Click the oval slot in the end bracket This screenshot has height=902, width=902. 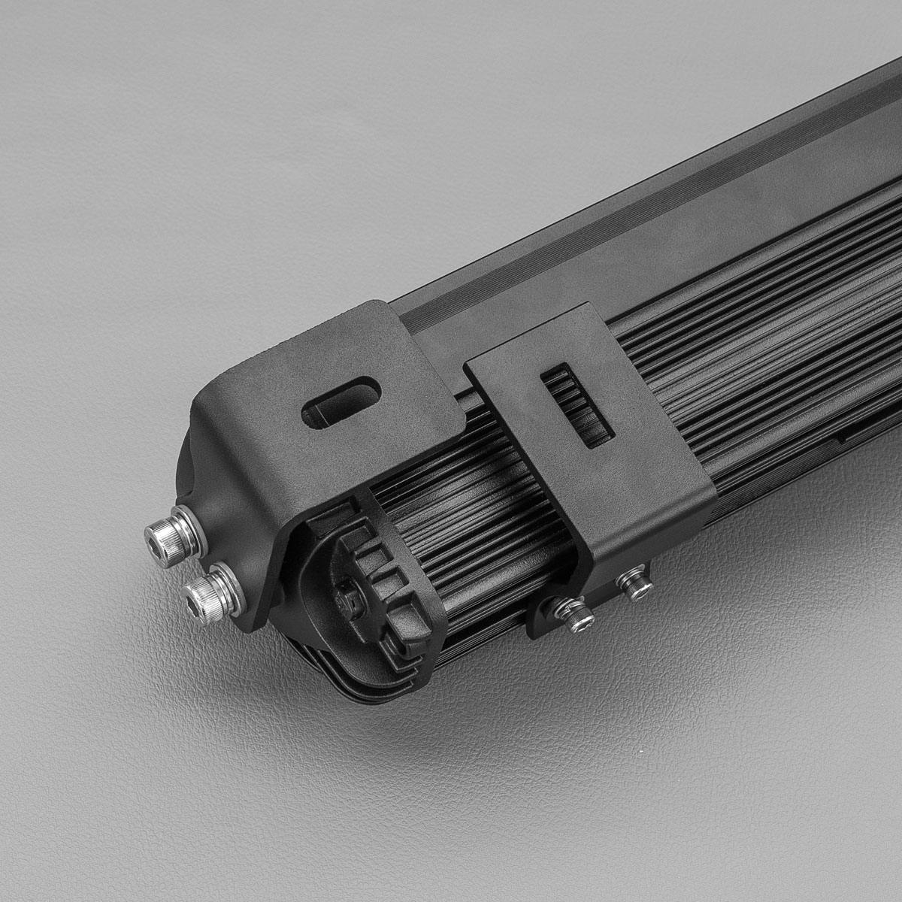click(x=341, y=402)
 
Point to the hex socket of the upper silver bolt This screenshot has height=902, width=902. click(x=160, y=537)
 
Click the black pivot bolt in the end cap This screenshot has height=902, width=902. click(x=347, y=598)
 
